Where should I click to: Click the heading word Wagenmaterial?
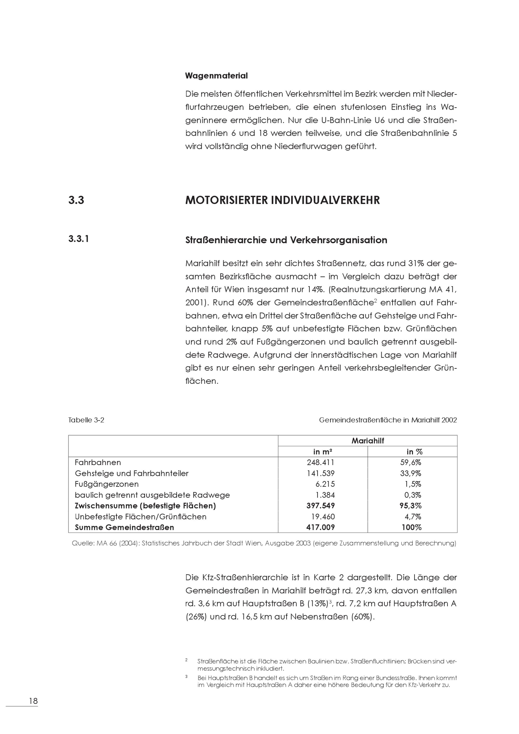point(216,76)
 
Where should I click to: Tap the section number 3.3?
point(76,200)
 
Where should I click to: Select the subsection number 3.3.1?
point(79,239)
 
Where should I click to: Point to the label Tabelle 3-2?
point(86,420)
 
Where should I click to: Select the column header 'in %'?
point(414,452)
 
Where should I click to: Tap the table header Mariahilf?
point(367,441)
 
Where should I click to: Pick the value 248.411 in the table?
point(320,463)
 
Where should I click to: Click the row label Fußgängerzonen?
point(107,484)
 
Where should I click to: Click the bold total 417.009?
point(320,527)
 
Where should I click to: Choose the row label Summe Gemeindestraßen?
point(124,527)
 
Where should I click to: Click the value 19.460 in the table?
point(323,516)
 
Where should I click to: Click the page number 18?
point(33,701)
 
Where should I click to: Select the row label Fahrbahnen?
point(98,463)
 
